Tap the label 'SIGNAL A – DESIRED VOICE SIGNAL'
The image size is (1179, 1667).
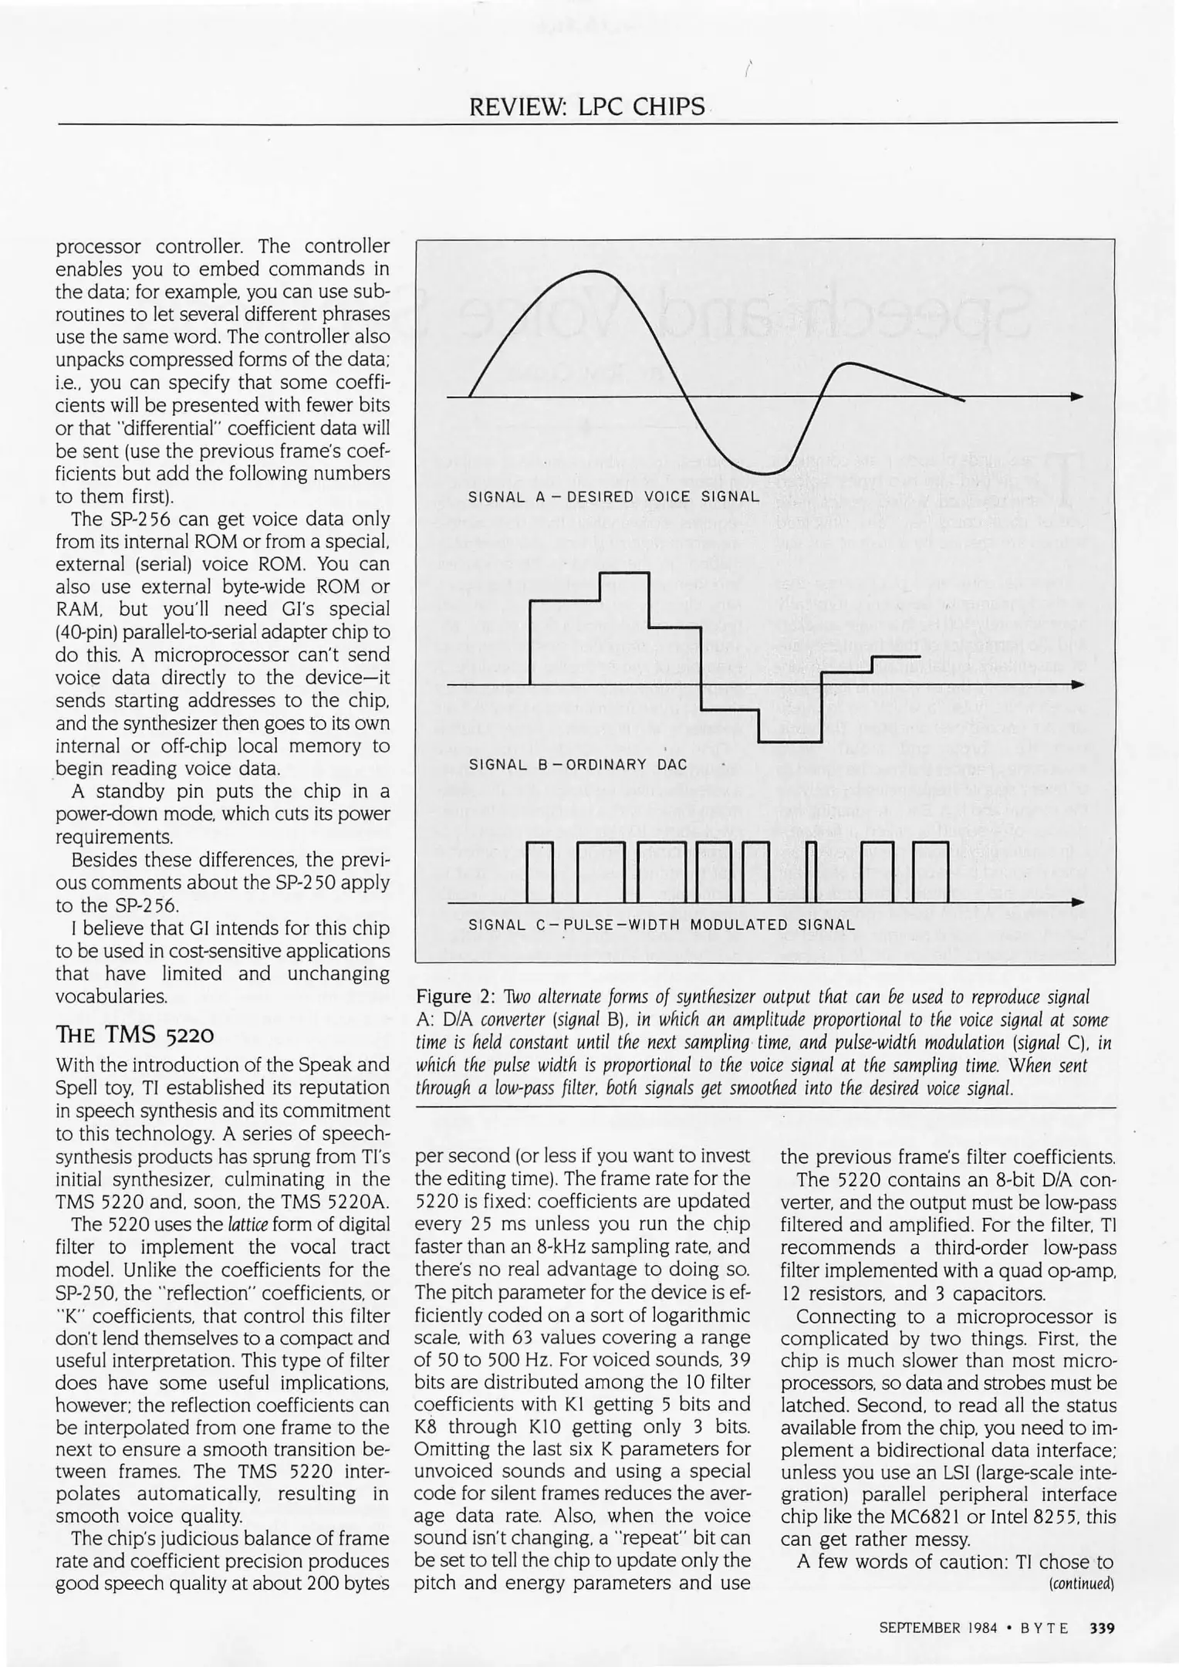[613, 496]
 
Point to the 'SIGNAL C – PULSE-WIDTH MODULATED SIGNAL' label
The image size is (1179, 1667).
[661, 925]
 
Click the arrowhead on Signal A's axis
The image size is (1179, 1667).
[1076, 397]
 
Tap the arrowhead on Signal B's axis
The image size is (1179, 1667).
[1076, 685]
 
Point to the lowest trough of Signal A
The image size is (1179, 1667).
[770, 473]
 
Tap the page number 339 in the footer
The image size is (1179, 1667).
[1102, 1628]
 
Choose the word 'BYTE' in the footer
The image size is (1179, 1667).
[1043, 1628]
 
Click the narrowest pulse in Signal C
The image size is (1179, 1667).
[810, 872]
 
